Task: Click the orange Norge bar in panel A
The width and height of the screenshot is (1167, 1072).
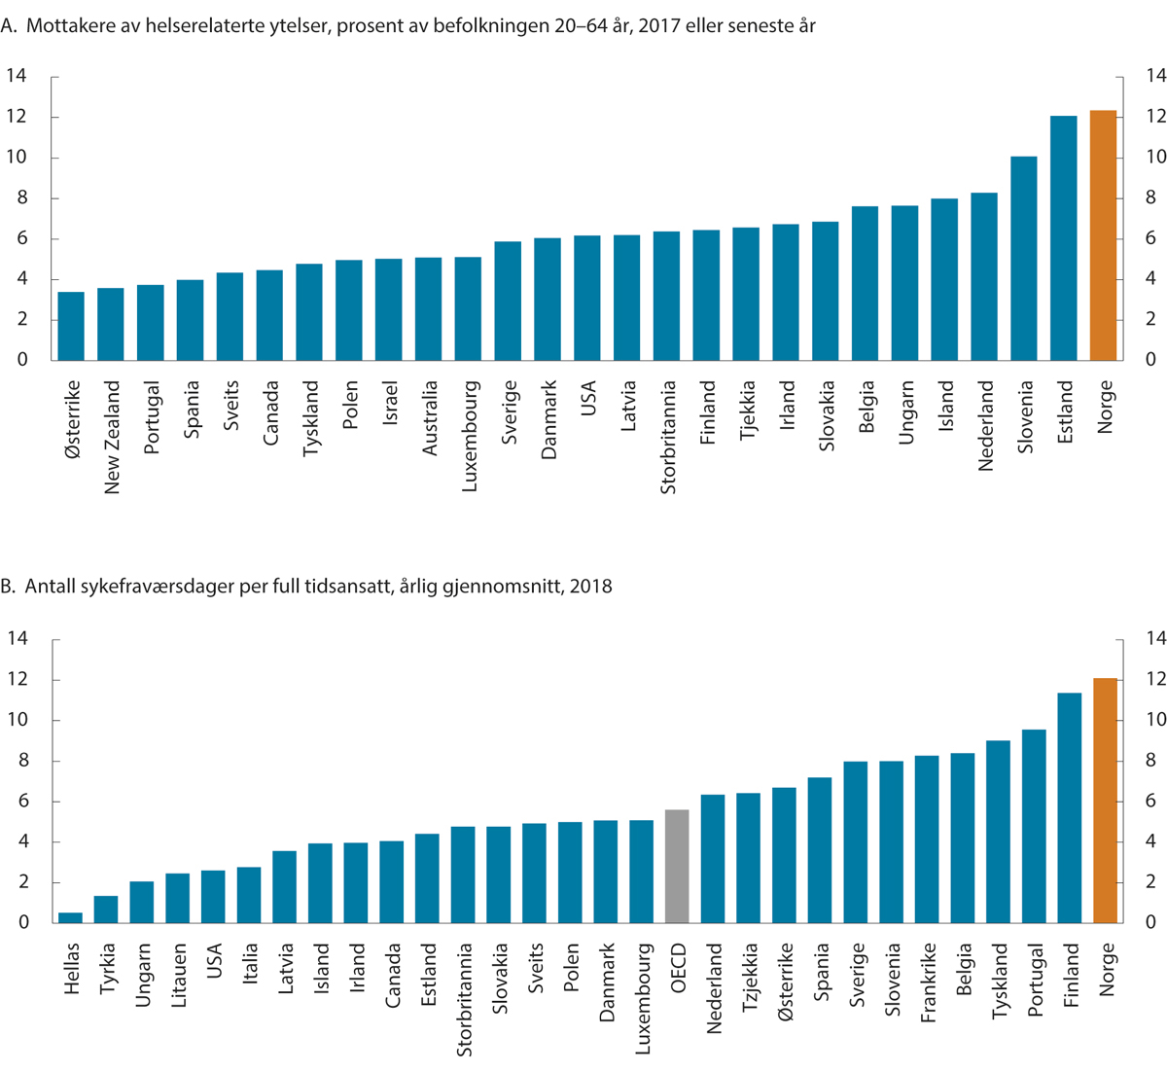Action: coord(1103,235)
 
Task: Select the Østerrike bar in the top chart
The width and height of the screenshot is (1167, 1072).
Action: coord(71,326)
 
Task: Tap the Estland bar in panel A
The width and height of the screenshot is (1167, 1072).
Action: coord(1064,238)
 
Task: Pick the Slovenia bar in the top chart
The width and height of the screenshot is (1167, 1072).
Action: coord(1024,258)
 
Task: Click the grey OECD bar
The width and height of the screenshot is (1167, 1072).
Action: coord(677,866)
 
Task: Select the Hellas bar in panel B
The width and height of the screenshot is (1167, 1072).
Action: coord(71,917)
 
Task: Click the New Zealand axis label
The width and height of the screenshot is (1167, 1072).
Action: coord(112,437)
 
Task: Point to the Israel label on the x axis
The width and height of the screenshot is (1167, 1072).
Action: coord(389,404)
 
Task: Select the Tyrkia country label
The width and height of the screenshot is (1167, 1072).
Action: coord(107,968)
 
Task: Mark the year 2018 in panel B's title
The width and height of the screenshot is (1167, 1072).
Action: coord(591,587)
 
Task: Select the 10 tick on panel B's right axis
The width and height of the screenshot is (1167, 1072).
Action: coord(1154,720)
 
